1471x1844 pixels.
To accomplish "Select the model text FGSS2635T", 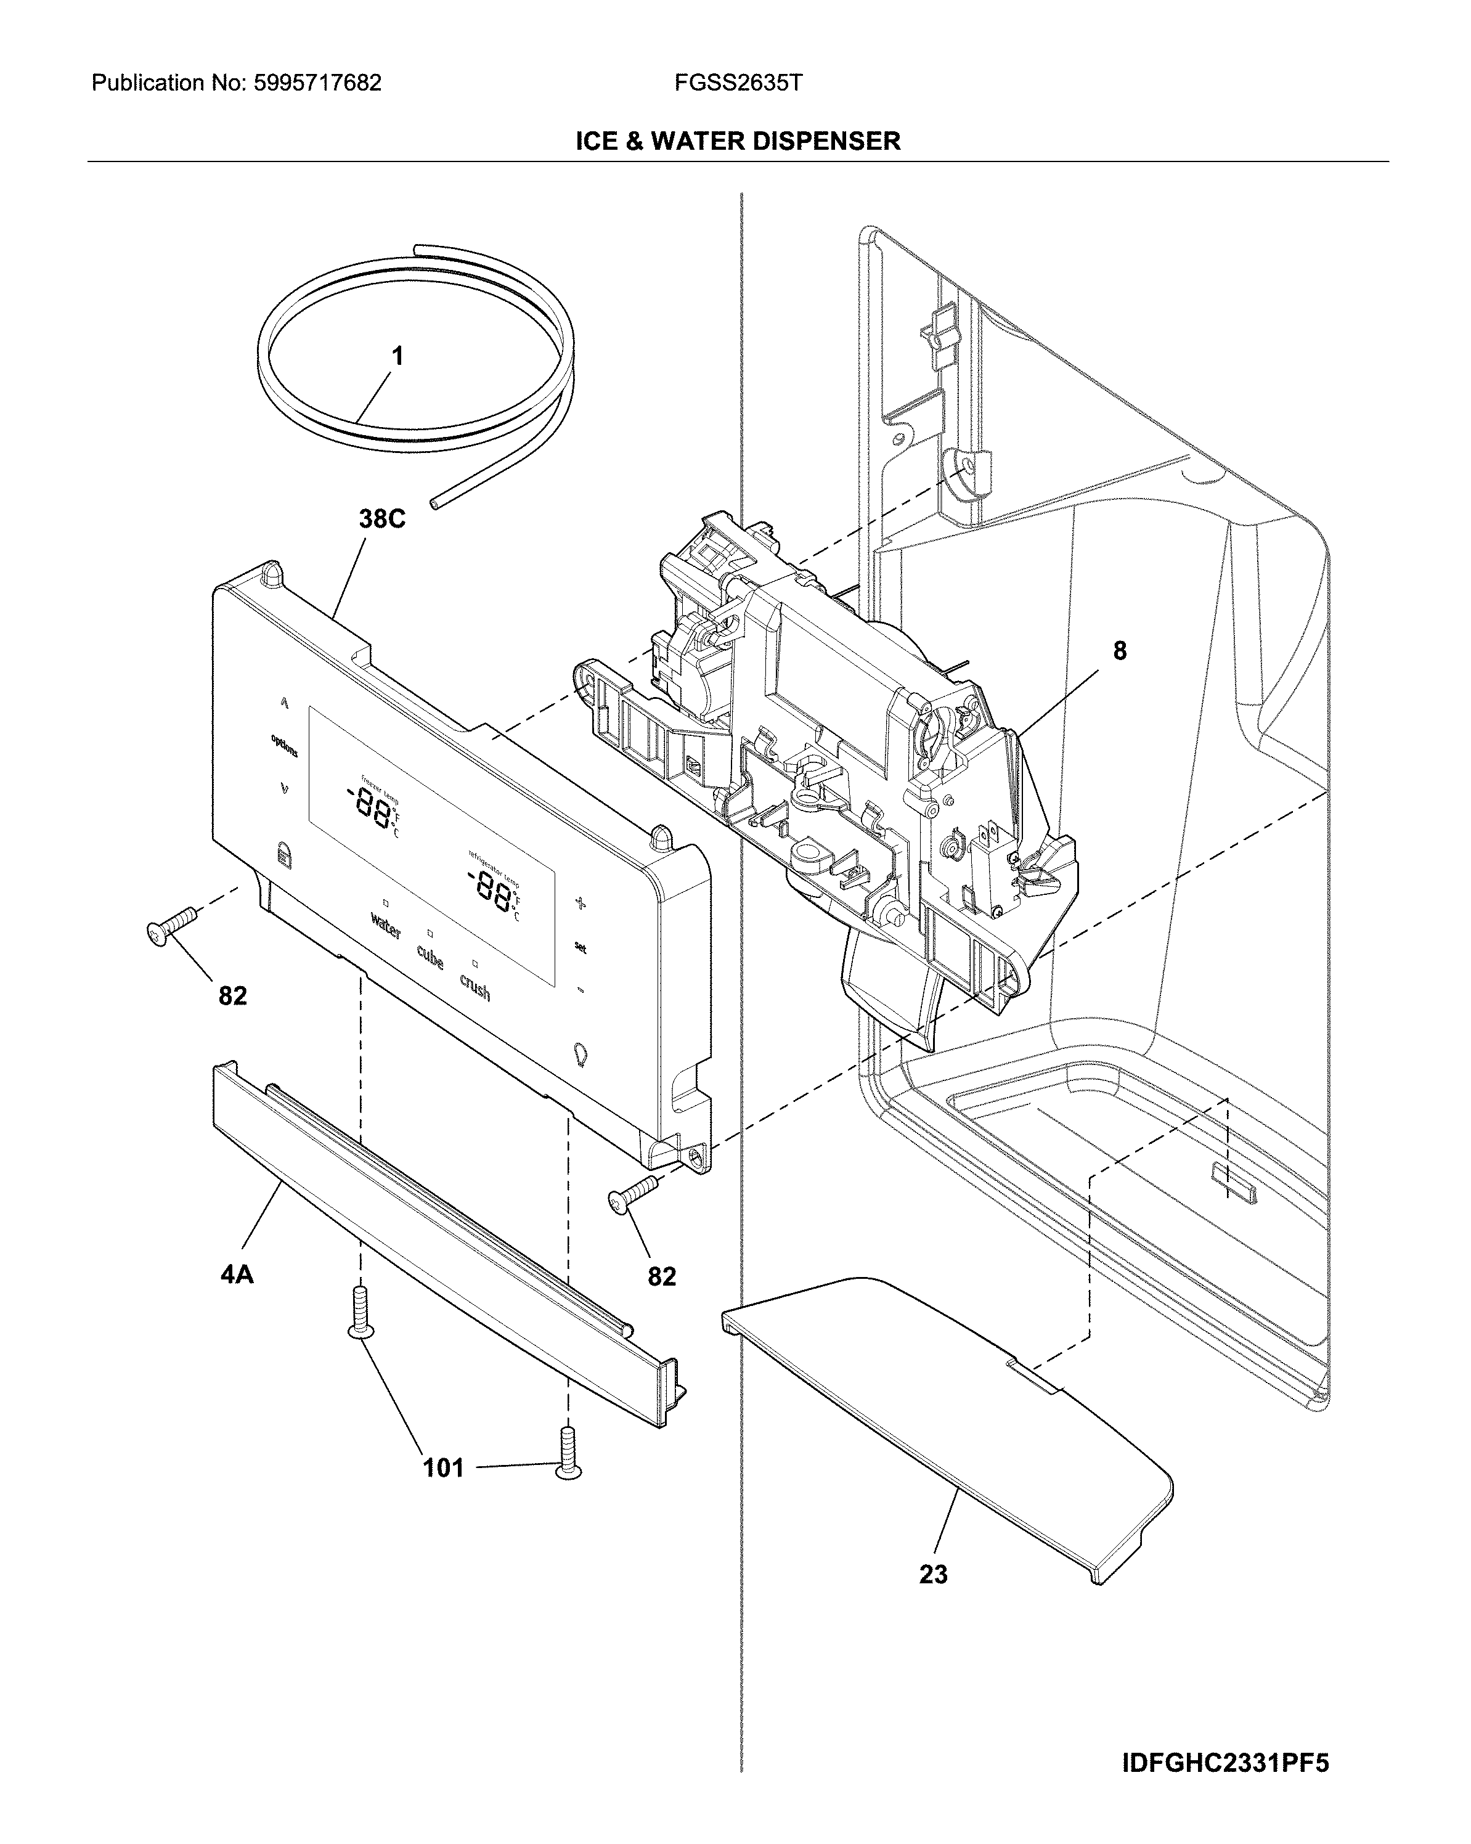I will pos(738,83).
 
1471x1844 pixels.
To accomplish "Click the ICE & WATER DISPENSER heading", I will pos(737,141).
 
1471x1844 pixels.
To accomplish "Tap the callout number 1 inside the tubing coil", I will pos(397,357).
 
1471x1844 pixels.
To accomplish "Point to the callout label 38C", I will pos(381,518).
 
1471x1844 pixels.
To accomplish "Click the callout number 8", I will pos(1120,651).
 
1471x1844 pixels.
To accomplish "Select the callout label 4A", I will pos(237,1275).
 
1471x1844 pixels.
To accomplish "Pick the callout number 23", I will pos(933,1573).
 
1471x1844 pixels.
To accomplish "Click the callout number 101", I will pos(443,1467).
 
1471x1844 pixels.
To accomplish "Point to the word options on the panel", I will pos(285,746).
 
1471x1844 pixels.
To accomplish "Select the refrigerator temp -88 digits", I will pos(490,887).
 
